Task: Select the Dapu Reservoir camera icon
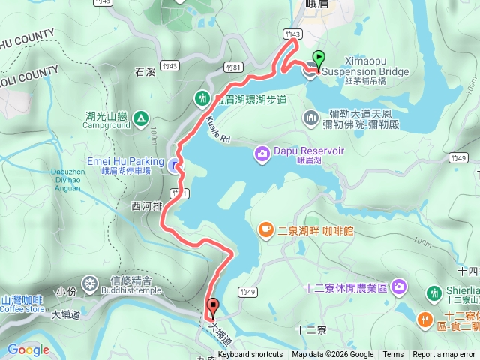[x=262, y=153]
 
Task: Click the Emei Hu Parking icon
[x=175, y=166]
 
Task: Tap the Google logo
[x=28, y=349]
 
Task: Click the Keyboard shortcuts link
[x=250, y=355]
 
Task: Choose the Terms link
[x=393, y=355]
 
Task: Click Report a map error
[x=445, y=355]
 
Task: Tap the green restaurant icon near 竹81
[x=202, y=98]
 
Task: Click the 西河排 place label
[x=145, y=205]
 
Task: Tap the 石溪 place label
[x=145, y=73]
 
